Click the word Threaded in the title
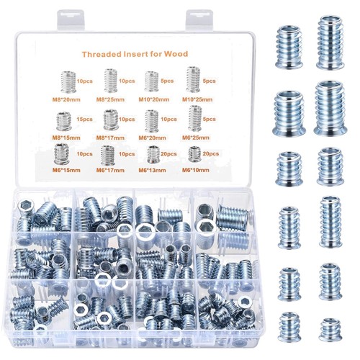[x=102, y=54]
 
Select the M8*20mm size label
[x=66, y=99]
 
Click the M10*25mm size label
[x=197, y=99]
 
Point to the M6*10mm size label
[x=196, y=170]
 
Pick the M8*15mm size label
[x=66, y=138]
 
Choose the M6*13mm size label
[x=152, y=170]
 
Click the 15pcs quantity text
[x=84, y=119]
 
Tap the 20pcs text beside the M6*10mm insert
[x=211, y=153]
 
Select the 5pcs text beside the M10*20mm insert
[x=167, y=81]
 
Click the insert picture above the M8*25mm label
[x=111, y=81]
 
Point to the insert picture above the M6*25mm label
[x=195, y=118]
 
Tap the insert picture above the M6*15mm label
[x=61, y=154]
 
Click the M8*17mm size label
[x=110, y=138]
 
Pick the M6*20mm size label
[x=152, y=138]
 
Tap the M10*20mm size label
[x=154, y=99]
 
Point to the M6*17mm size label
[x=110, y=170]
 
